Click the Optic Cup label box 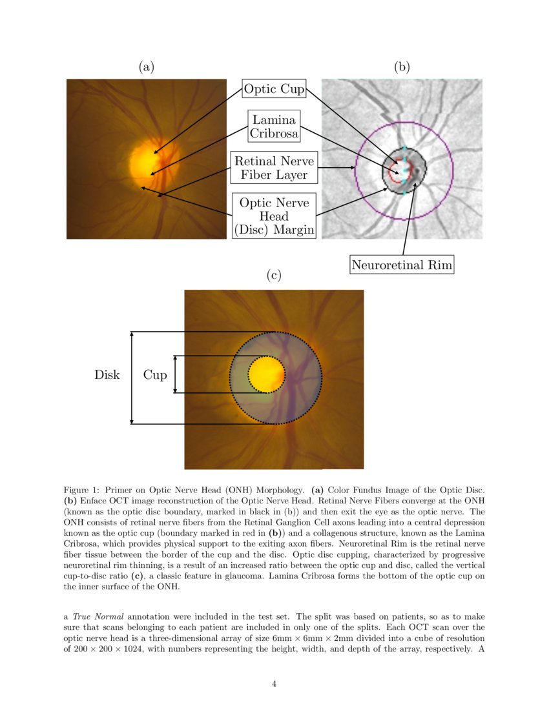coord(274,88)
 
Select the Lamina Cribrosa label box coord(274,127)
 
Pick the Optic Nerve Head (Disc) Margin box coord(274,216)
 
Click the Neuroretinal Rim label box coord(402,264)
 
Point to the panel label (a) coord(147,66)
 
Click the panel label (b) coord(402,66)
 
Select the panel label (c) coord(274,275)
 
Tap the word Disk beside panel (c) coord(107,374)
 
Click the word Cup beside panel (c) coord(155,374)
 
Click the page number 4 coord(274,684)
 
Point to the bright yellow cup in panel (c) coord(267,374)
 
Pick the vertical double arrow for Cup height coord(175,374)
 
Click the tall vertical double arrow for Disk coord(132,378)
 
